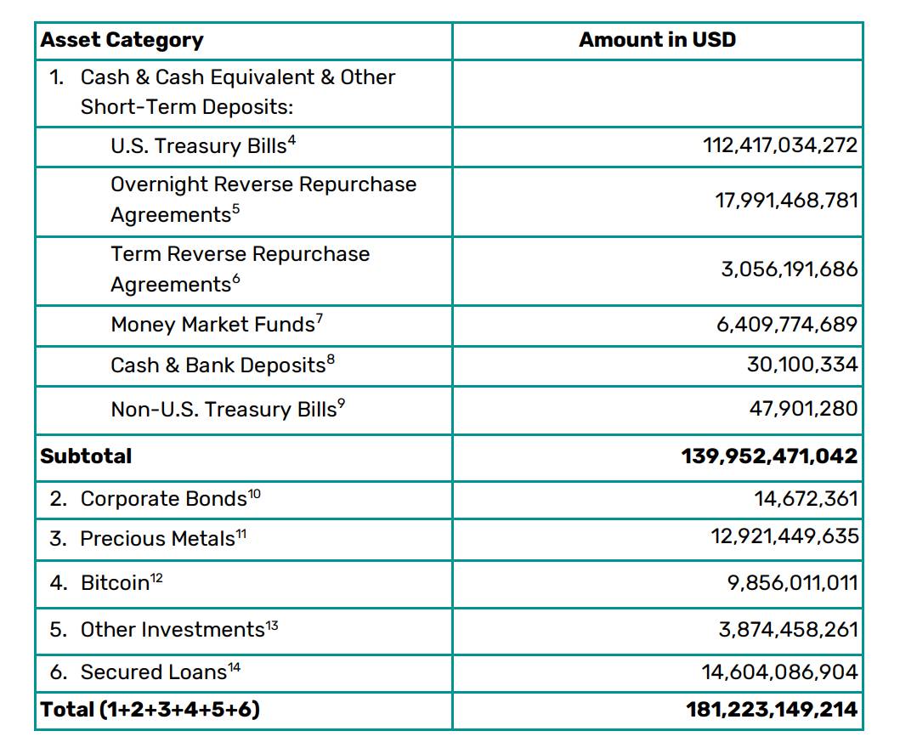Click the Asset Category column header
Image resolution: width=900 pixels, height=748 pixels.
[x=122, y=40]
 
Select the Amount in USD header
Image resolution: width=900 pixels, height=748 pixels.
[x=657, y=40]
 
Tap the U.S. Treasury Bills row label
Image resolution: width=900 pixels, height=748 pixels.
[x=202, y=146]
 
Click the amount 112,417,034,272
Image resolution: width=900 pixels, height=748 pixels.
[x=780, y=146]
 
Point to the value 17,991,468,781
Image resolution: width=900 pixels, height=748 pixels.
[x=786, y=201]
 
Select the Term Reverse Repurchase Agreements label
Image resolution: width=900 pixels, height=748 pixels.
[x=240, y=269]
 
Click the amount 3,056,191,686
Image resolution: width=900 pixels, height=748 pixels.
[x=790, y=269]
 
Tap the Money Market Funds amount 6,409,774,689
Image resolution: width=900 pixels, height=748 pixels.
[x=786, y=325]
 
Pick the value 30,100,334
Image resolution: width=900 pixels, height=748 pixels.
[x=802, y=365]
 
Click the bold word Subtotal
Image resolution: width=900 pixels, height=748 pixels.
[x=86, y=456]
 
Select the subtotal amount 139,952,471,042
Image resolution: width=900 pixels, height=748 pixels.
[x=769, y=456]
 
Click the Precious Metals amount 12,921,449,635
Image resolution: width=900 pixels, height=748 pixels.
[x=784, y=539]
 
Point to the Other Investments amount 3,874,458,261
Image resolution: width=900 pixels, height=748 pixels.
[x=788, y=630]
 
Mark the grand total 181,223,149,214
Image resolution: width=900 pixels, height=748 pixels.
[x=772, y=710]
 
